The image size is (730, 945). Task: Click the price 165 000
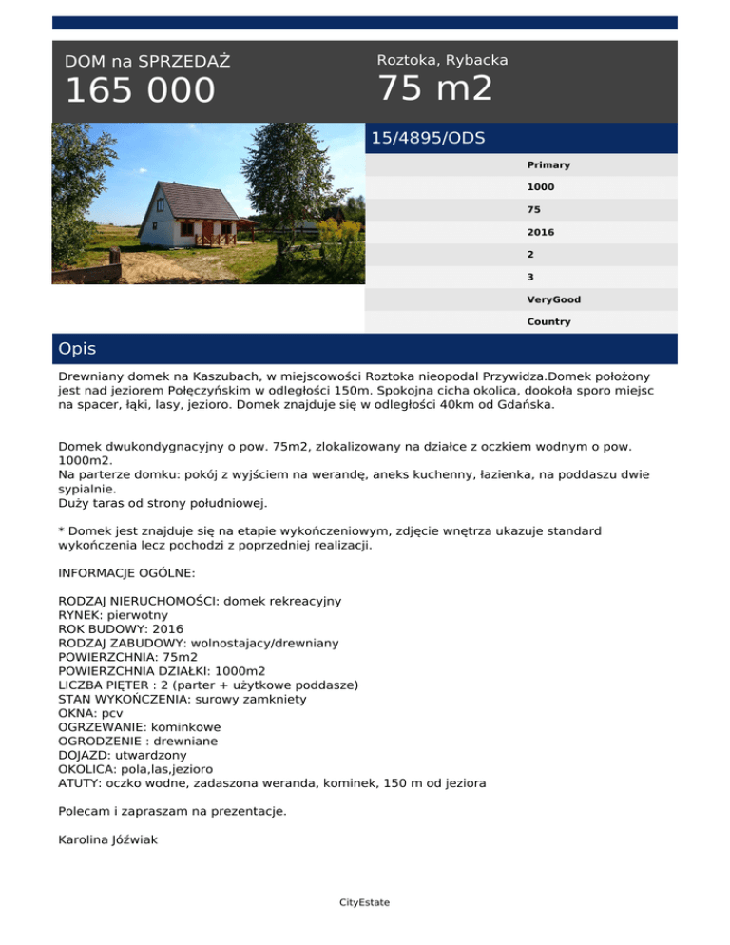click(140, 91)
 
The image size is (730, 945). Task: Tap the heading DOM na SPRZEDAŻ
click(147, 62)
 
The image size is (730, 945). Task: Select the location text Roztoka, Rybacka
click(442, 60)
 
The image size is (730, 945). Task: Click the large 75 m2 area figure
click(435, 89)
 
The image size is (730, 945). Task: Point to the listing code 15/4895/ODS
click(428, 138)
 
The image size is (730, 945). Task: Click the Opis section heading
click(77, 349)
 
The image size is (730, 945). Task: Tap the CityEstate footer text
click(364, 902)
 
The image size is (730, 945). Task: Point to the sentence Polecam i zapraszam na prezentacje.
click(171, 811)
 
